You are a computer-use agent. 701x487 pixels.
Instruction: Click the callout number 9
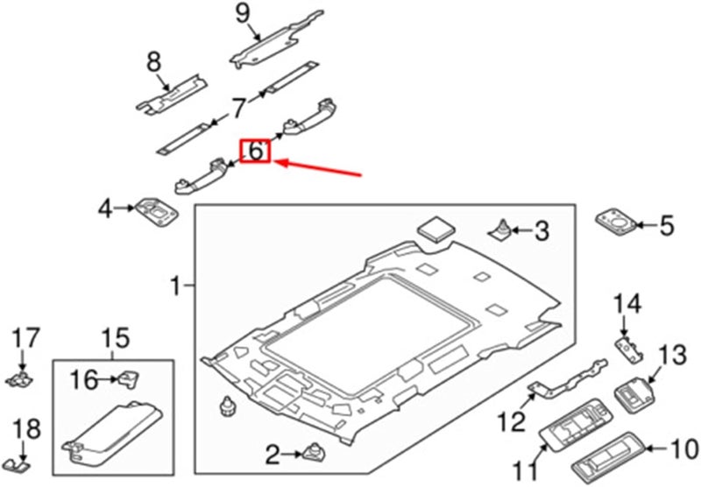(x=243, y=13)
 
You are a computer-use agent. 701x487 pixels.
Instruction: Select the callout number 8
(x=154, y=61)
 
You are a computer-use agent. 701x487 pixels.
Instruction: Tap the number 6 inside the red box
(x=255, y=151)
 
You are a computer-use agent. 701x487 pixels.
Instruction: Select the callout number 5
(x=667, y=228)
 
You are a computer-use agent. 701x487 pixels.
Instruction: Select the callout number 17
(x=25, y=336)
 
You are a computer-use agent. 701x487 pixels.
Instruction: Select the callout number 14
(x=627, y=306)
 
